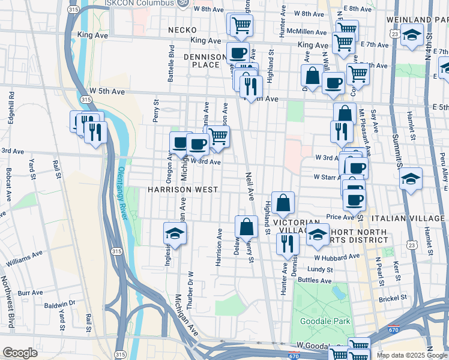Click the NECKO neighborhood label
[182, 29]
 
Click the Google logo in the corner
[20, 353]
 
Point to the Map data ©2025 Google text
[412, 355]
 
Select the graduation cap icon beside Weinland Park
[412, 34]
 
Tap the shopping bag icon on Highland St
[283, 203]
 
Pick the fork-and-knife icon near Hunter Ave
[288, 243]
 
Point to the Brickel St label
[393, 297]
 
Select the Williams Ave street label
[24, 259]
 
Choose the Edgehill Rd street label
[11, 104]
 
